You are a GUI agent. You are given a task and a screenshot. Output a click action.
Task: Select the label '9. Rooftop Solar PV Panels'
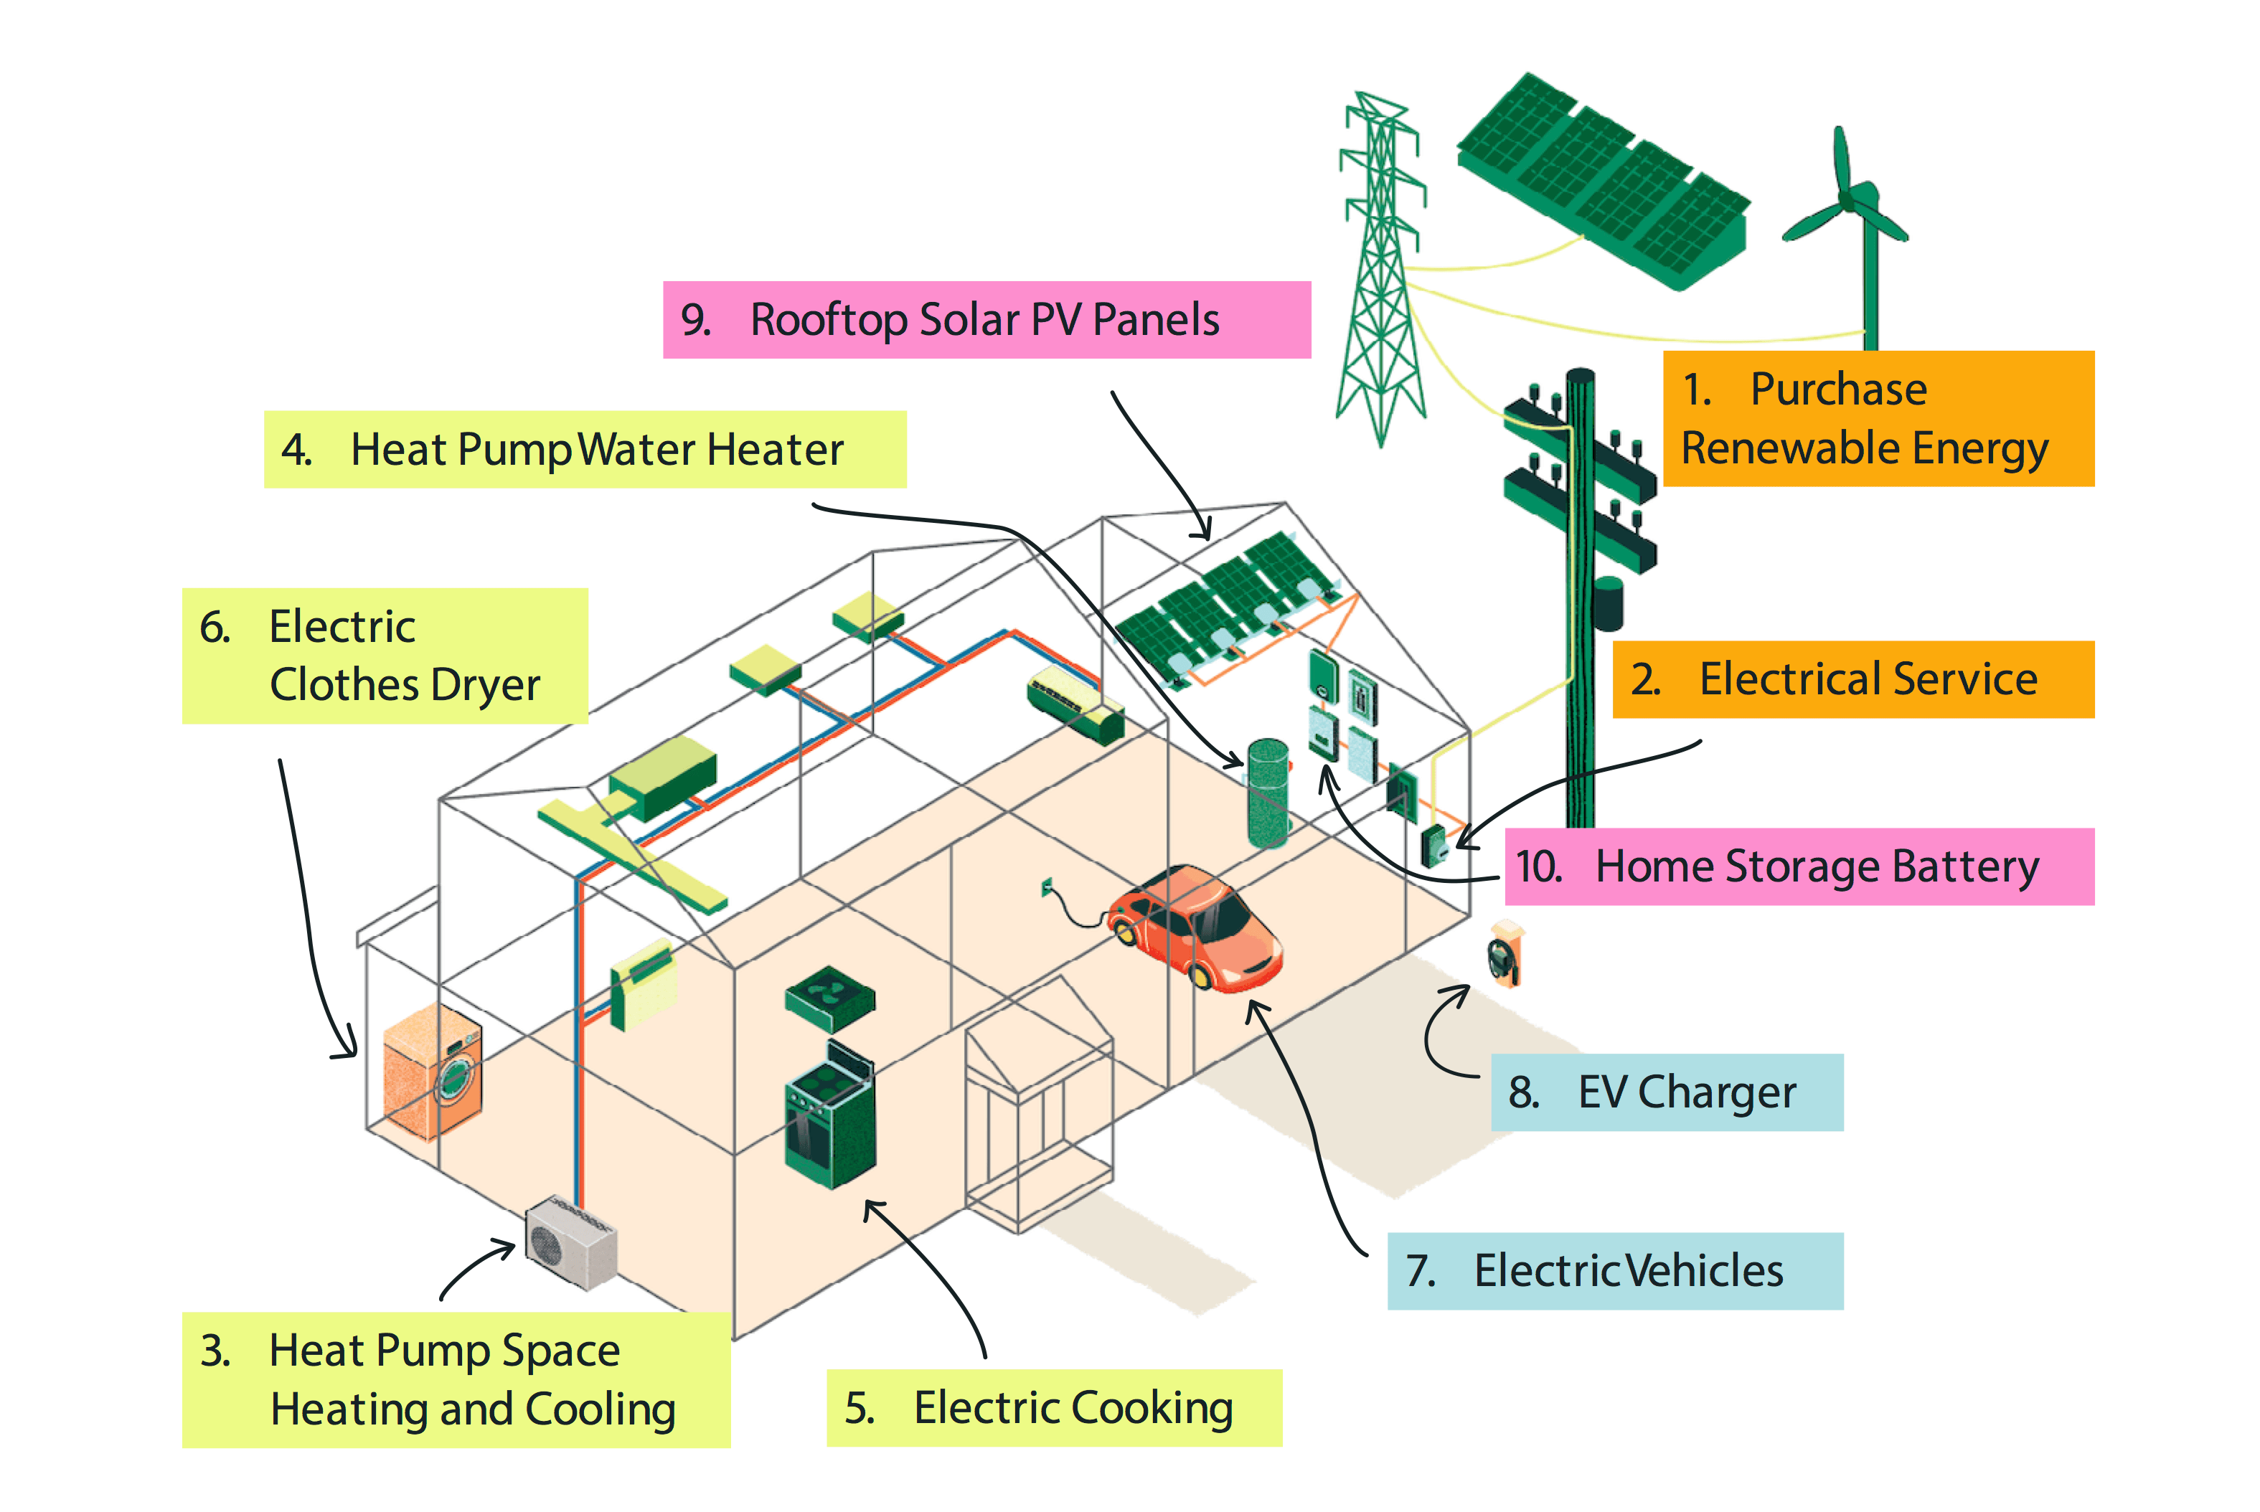point(986,320)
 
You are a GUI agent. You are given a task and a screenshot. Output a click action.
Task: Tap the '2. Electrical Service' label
point(1852,679)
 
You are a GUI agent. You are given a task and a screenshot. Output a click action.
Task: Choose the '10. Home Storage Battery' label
point(1798,866)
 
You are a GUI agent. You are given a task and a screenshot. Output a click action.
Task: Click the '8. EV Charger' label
point(1666,1092)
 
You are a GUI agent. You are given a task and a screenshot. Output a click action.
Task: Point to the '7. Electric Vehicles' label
point(1614,1271)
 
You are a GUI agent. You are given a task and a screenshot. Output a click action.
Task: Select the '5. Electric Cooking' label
point(1053,1408)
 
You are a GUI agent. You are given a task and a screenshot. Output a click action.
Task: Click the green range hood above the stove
point(829,998)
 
